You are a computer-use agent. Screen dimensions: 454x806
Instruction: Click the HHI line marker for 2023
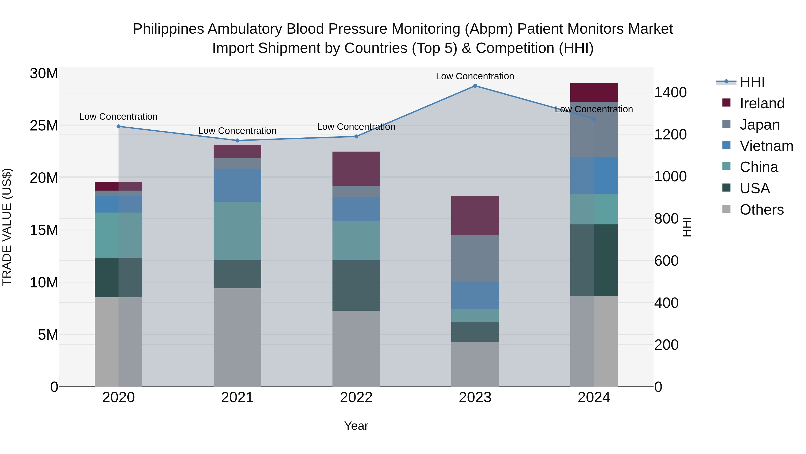(475, 86)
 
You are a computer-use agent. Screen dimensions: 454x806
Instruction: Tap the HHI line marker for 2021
(237, 140)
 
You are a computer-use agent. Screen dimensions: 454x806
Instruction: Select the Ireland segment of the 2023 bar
(475, 215)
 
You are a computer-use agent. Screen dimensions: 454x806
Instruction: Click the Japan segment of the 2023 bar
(475, 258)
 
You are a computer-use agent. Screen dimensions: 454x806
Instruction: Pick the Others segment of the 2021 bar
(237, 337)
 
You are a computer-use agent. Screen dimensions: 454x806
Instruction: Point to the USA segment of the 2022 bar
(356, 285)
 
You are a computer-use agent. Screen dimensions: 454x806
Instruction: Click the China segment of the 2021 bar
(237, 231)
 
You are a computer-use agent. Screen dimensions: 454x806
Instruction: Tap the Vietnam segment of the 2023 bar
(475, 295)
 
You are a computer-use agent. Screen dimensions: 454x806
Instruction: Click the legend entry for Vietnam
(766, 146)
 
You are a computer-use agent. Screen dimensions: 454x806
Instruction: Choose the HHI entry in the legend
(752, 82)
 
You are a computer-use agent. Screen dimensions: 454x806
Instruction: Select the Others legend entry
(761, 210)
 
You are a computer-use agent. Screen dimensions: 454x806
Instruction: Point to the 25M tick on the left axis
(44, 126)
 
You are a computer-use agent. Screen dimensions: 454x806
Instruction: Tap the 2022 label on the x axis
(356, 398)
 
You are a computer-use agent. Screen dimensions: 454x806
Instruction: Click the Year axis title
(356, 426)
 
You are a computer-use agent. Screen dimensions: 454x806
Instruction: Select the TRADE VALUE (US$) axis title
(7, 227)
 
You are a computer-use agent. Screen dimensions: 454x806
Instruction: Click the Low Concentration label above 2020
(118, 117)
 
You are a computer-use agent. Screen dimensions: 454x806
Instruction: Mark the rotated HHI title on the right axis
(687, 227)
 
